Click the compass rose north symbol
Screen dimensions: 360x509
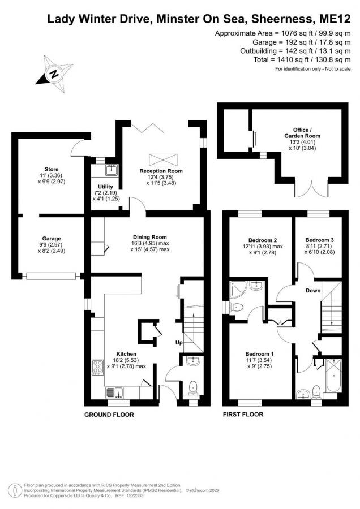click(54, 74)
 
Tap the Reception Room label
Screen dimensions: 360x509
click(161, 171)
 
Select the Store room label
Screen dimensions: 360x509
click(52, 169)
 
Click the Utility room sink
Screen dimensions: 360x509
click(112, 170)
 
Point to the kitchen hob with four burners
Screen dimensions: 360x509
click(97, 368)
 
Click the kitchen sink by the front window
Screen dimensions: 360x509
click(114, 392)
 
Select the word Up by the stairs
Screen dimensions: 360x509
click(179, 343)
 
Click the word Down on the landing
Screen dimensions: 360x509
click(313, 290)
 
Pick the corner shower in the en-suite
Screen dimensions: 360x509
click(238, 289)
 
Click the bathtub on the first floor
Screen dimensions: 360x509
click(333, 376)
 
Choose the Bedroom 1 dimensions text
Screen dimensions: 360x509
click(259, 363)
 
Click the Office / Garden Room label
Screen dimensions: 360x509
click(302, 133)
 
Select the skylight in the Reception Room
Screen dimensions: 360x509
click(163, 159)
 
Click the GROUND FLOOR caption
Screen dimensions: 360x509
click(109, 415)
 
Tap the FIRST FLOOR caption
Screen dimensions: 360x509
click(243, 414)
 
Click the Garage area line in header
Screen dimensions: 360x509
click(302, 42)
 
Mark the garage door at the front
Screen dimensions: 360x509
click(52, 276)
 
